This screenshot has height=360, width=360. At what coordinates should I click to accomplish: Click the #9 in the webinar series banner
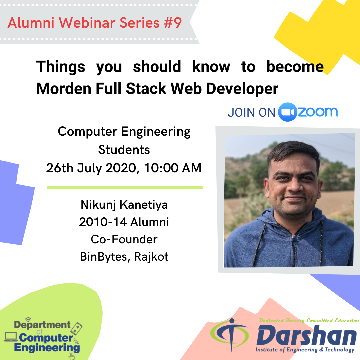(x=173, y=23)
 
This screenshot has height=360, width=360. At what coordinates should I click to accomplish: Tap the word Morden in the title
(x=64, y=88)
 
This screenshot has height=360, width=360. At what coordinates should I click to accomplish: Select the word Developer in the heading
(x=242, y=89)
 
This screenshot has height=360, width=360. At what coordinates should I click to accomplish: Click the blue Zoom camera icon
(x=287, y=112)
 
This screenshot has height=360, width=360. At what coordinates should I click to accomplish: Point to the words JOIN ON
(x=251, y=113)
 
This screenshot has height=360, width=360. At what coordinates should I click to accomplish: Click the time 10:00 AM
(x=173, y=168)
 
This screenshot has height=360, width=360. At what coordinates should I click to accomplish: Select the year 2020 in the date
(x=120, y=168)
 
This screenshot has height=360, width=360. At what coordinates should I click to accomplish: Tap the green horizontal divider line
(x=125, y=188)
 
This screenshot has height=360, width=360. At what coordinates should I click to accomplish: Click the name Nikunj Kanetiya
(x=124, y=205)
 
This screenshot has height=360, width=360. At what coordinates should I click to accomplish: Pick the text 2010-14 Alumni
(x=124, y=222)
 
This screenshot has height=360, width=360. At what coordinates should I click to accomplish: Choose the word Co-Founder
(x=124, y=239)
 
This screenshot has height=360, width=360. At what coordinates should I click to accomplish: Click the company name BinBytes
(x=103, y=257)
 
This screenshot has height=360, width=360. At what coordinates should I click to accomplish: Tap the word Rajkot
(x=151, y=257)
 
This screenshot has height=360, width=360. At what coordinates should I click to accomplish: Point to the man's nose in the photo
(x=295, y=186)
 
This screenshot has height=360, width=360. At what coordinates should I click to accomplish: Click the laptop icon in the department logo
(x=11, y=337)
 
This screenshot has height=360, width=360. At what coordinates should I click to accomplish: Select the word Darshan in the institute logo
(x=307, y=335)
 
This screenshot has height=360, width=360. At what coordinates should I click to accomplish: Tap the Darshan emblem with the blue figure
(x=230, y=334)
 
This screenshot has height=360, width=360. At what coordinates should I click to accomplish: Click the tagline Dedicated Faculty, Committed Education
(x=309, y=321)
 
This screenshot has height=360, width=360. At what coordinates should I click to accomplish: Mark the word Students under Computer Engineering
(x=124, y=150)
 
